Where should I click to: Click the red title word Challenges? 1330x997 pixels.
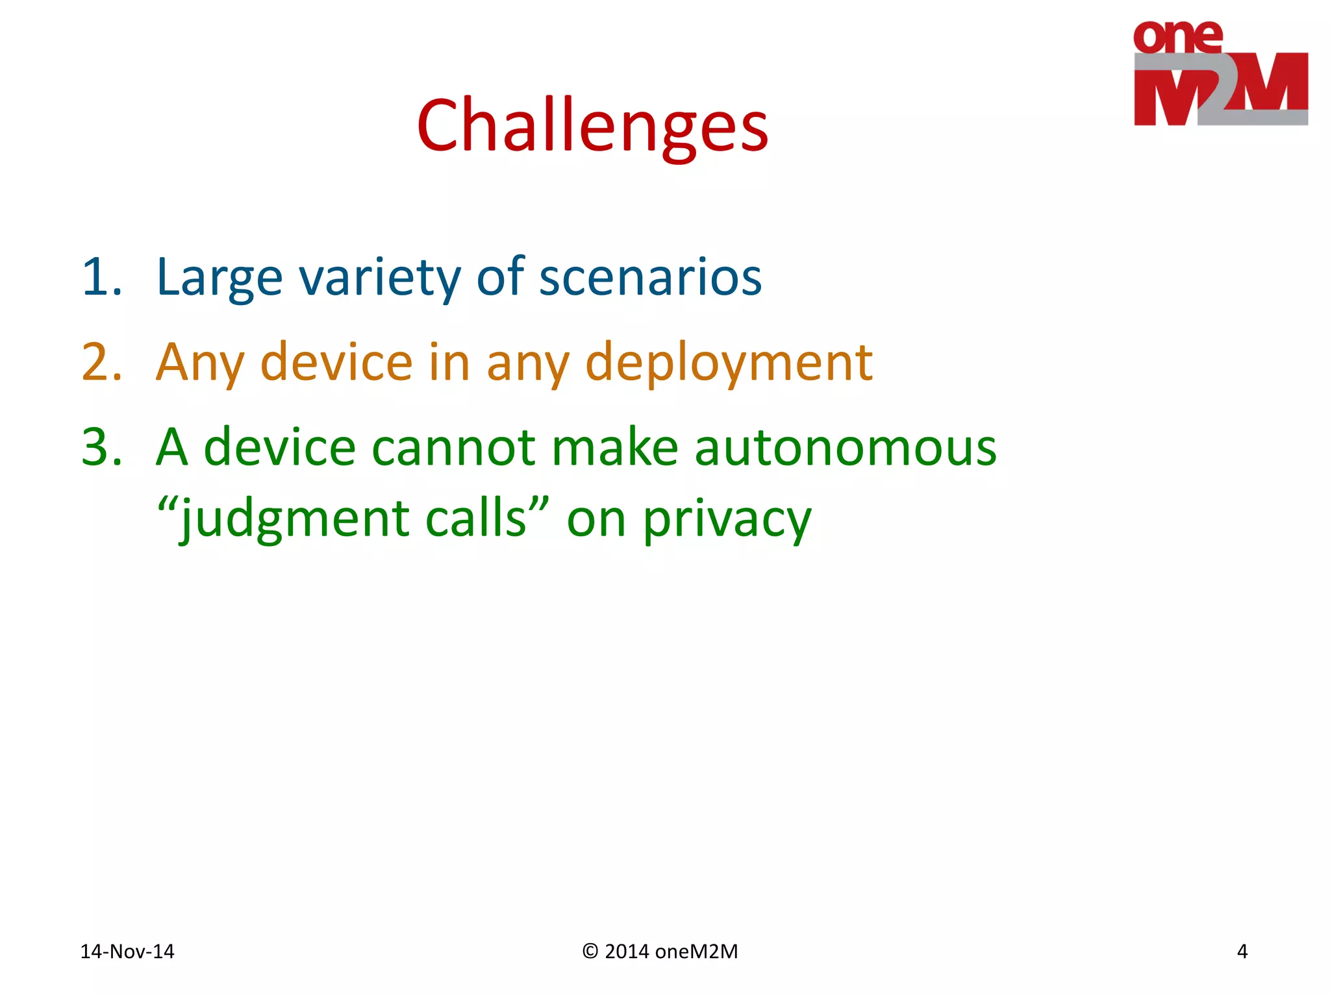tap(592, 126)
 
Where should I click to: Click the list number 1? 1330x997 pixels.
tap(101, 277)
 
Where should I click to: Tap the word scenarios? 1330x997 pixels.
tap(650, 278)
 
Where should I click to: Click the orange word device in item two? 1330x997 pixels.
tap(336, 362)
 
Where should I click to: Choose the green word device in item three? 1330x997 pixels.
tap(279, 447)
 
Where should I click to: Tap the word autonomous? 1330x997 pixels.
tap(845, 449)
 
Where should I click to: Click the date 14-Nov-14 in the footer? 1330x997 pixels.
tap(127, 952)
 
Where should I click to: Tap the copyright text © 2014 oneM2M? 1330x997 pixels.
tap(660, 952)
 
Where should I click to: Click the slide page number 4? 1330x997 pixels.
tap(1242, 952)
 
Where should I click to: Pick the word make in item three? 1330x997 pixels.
tap(615, 447)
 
